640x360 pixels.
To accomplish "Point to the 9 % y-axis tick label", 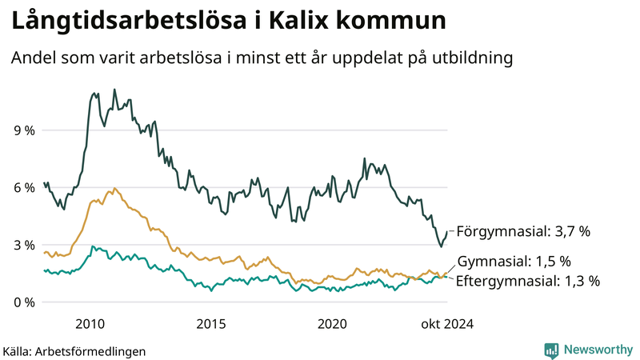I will tap(23, 130).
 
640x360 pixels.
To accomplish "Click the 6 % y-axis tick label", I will tap(23, 187).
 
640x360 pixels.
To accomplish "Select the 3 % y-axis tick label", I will tap(23, 245).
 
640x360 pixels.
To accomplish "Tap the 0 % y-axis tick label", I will tap(23, 302).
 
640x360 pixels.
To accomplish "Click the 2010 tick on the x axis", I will tap(90, 323).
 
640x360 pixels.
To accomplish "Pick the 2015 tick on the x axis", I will tap(211, 323).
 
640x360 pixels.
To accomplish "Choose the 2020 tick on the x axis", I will tap(333, 323).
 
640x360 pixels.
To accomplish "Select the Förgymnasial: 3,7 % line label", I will tap(523, 232).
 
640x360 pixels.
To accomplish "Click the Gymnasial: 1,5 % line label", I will tap(514, 262).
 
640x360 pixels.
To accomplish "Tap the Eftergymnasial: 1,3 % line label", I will tap(528, 281).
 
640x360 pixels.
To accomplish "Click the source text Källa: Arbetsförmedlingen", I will tap(74, 350).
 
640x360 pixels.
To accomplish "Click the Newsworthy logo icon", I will tap(551, 350).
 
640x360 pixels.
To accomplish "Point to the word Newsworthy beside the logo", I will tap(599, 350).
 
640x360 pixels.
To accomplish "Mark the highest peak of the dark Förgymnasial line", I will tap(114, 90).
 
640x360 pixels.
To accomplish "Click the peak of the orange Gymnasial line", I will tap(115, 188).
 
